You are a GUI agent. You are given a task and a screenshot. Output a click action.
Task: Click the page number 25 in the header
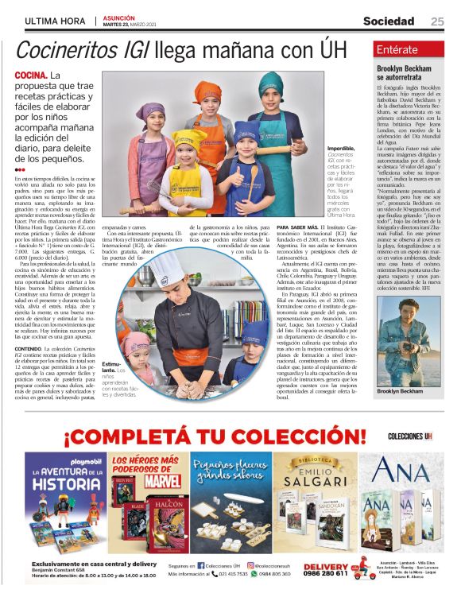click(437, 21)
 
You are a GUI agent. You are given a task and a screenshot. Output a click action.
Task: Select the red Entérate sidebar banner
click(413, 48)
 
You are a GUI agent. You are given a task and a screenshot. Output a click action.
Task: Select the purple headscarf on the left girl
click(149, 111)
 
